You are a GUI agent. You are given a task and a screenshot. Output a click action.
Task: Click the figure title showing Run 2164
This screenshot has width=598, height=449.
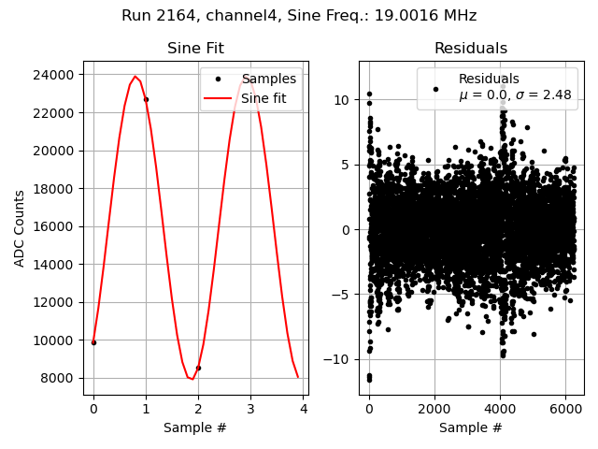coord(299,16)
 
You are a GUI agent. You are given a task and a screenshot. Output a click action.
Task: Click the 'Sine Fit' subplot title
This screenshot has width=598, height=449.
coord(195,49)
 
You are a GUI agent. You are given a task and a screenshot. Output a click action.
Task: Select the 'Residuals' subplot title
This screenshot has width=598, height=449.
coord(471,49)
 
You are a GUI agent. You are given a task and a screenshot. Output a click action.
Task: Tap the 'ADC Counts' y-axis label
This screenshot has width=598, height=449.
coord(20,228)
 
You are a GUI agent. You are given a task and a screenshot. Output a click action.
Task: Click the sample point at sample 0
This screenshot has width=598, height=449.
coord(93,342)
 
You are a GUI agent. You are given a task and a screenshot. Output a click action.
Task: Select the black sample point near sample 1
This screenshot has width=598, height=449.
coord(146,99)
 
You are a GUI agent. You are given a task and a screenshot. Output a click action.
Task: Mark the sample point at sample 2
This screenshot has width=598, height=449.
coord(198,368)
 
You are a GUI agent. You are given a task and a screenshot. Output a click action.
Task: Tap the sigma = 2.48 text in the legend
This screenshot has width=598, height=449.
coord(515,95)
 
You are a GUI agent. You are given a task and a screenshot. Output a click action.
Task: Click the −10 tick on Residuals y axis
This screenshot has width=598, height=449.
coord(339,359)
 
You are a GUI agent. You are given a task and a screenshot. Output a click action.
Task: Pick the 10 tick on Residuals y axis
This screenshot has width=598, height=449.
coord(343,100)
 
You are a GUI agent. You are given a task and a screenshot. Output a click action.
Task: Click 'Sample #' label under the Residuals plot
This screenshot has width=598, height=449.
coord(471,427)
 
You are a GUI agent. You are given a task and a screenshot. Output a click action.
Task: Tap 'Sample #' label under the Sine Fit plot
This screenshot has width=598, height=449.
coord(195,427)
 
